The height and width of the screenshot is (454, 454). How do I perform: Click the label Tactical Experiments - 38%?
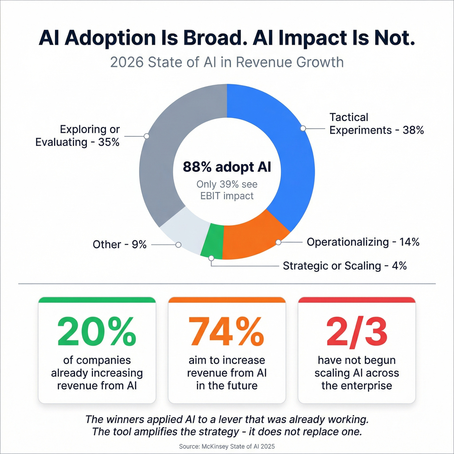point(376,124)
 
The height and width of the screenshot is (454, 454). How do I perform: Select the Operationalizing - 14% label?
point(363,242)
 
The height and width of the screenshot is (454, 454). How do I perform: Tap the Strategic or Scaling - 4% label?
point(344,266)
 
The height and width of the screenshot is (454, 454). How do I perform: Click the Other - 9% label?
point(119,244)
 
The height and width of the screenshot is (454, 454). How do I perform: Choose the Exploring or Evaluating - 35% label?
point(78,136)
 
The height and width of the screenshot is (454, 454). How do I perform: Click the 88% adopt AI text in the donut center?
point(227,167)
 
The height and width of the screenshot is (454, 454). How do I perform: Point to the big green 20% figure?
point(97,331)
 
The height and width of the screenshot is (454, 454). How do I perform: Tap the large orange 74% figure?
point(226,331)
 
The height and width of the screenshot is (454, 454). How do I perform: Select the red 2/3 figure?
point(357,331)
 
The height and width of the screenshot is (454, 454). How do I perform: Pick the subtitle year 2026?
point(126,62)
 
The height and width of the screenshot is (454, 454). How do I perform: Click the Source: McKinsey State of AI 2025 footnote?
point(227,446)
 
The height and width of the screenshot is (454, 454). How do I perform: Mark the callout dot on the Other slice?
point(178,245)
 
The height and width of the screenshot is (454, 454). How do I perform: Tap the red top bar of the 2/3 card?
point(357,300)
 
